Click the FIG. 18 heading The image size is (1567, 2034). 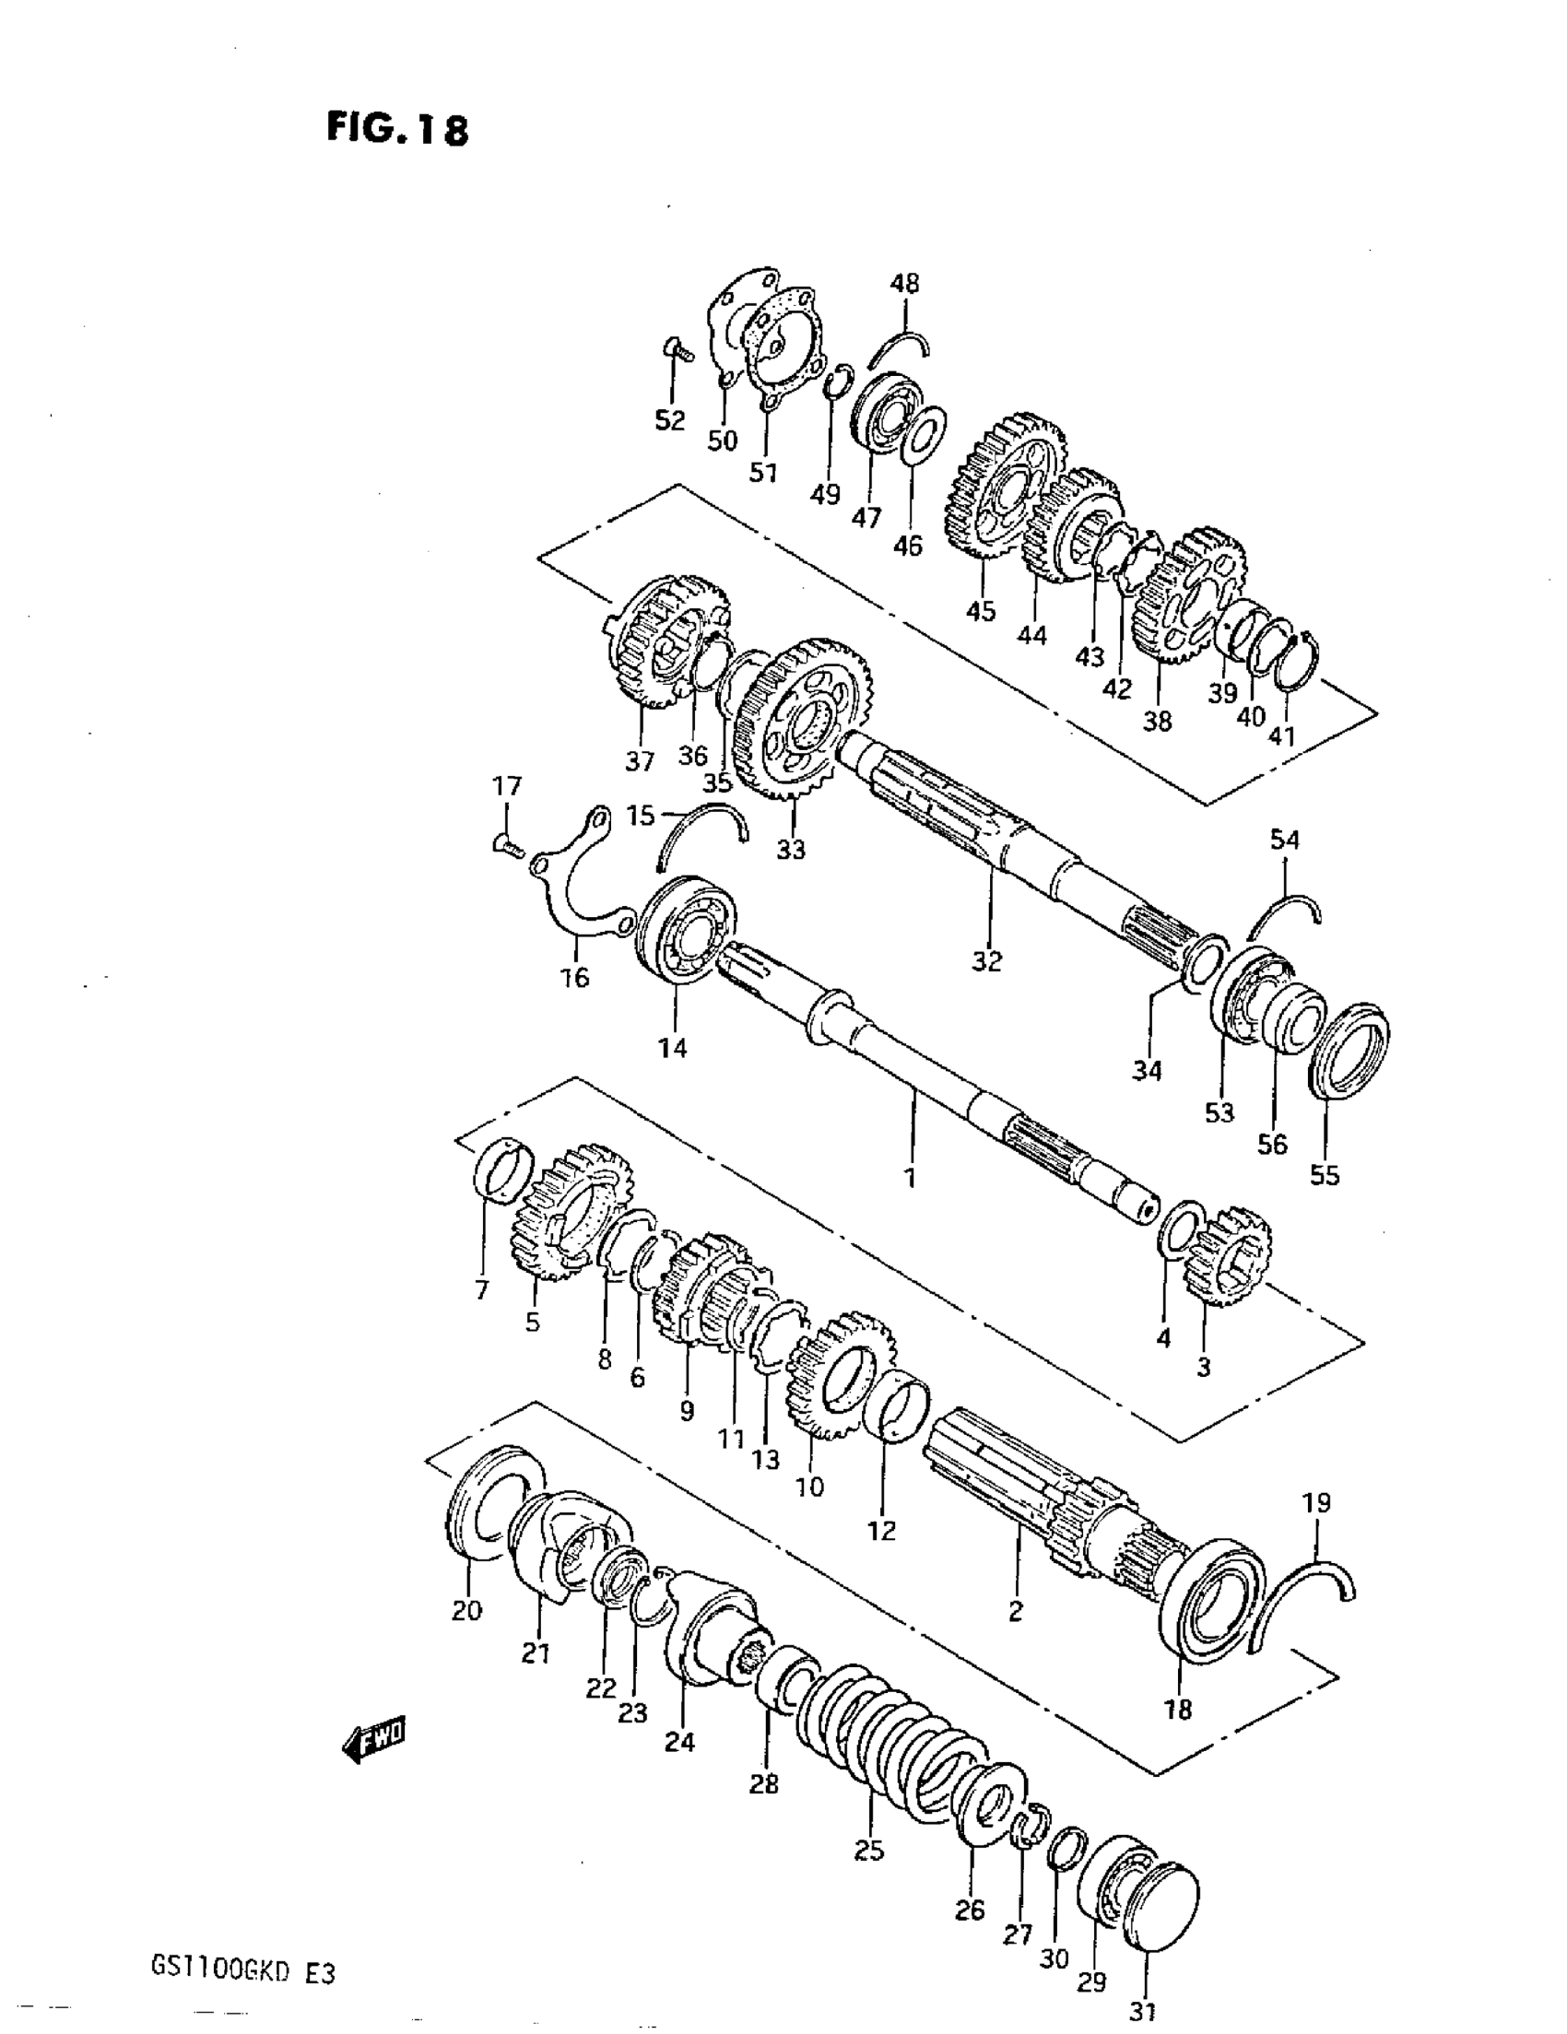[x=397, y=128]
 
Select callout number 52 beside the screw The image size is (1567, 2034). [x=669, y=420]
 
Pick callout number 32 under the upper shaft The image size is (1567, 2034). [x=986, y=960]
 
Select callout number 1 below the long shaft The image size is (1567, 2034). [x=910, y=1176]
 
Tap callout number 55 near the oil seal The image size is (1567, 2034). [x=1324, y=1175]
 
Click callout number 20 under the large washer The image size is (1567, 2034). [x=466, y=1609]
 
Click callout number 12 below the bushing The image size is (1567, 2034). [x=881, y=1529]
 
